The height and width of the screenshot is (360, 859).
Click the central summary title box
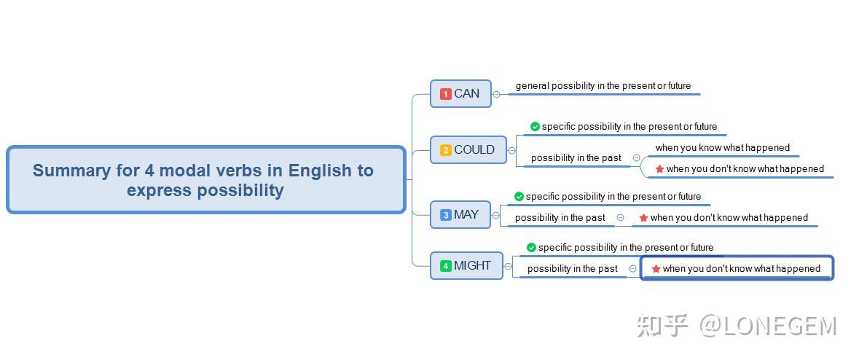click(x=205, y=180)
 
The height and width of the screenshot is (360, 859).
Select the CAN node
click(x=460, y=93)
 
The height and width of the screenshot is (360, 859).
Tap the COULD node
click(x=468, y=150)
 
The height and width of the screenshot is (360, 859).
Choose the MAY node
click(x=460, y=215)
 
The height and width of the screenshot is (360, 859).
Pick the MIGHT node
click(x=466, y=266)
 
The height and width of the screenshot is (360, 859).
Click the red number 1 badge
click(x=446, y=94)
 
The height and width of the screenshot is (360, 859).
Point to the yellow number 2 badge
click(x=446, y=150)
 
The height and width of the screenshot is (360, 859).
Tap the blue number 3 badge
click(x=446, y=215)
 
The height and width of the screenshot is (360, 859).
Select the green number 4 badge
click(x=446, y=266)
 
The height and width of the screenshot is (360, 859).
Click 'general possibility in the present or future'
click(x=603, y=86)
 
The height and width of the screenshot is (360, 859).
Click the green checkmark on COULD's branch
click(x=535, y=127)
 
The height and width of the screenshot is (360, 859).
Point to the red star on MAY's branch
click(x=643, y=218)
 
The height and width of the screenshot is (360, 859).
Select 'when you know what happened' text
click(x=722, y=148)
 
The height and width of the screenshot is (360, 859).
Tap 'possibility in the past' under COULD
click(x=576, y=158)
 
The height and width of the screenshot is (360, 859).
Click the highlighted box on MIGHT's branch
click(x=737, y=268)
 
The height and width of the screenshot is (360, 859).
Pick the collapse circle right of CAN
click(x=496, y=94)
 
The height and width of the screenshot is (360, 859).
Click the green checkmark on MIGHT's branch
click(x=531, y=248)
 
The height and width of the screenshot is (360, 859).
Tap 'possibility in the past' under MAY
click(x=560, y=218)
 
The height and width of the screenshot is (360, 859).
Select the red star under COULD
click(x=659, y=169)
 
